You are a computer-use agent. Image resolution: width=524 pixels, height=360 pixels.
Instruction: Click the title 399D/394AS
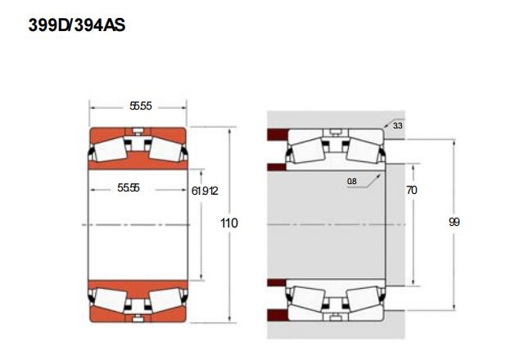(77, 25)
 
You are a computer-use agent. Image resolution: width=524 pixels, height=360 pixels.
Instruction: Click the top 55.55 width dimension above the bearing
(141, 106)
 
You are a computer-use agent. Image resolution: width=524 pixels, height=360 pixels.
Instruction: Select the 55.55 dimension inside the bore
(129, 188)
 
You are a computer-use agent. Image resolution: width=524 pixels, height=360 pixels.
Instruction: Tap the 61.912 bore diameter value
(205, 191)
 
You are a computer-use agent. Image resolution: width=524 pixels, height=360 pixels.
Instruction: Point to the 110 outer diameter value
(229, 223)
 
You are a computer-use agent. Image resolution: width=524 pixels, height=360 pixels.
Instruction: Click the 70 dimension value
(412, 191)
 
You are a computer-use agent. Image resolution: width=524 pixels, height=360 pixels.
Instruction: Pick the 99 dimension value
(454, 222)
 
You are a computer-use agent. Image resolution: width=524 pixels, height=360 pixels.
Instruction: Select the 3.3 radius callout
(398, 126)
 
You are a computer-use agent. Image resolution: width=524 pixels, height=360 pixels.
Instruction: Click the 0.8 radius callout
(352, 182)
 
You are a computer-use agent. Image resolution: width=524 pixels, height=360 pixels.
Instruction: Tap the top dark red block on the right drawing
(278, 134)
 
